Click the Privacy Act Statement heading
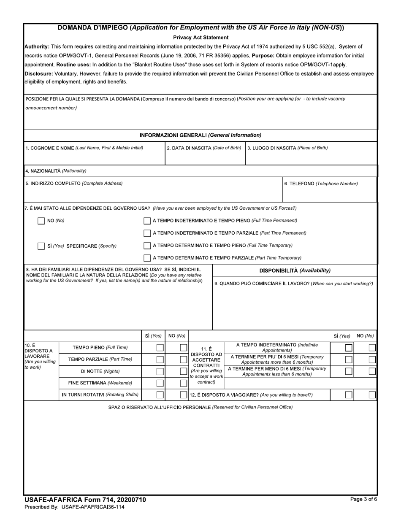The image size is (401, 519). tap(200, 38)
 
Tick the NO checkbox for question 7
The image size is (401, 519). tap(41, 221)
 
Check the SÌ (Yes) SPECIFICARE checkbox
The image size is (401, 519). tap(41, 246)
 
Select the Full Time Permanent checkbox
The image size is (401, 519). tap(147, 221)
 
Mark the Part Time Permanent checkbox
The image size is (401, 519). tap(147, 233)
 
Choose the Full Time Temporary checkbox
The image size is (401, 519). tap(147, 246)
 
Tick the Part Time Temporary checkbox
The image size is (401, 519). tap(147, 258)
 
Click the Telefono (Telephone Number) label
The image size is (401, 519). tap(321, 184)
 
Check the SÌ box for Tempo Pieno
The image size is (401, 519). tap(160, 348)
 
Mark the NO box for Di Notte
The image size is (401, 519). tap(184, 371)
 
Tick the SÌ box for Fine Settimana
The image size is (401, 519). tap(160, 383)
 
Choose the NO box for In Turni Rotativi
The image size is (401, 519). tap(184, 395)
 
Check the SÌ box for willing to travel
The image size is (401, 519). tap(349, 395)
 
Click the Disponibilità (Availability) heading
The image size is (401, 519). tap(295, 270)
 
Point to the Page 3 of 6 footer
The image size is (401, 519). tap(362, 499)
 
